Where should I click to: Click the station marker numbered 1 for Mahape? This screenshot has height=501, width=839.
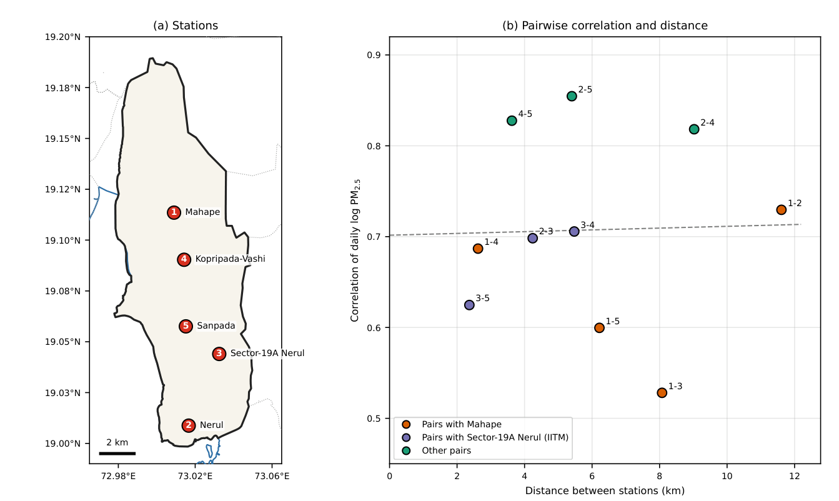pyautogui.click(x=174, y=212)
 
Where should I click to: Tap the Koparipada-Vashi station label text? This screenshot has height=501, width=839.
pyautogui.click(x=230, y=259)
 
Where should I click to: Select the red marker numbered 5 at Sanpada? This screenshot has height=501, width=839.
pyautogui.click(x=186, y=326)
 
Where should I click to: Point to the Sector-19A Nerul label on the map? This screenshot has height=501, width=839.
pyautogui.click(x=267, y=353)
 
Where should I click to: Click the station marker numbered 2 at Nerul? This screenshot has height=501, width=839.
pyautogui.click(x=189, y=425)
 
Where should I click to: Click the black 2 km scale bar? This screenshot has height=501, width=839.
pyautogui.click(x=117, y=454)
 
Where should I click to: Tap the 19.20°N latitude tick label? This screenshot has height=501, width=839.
pyautogui.click(x=62, y=37)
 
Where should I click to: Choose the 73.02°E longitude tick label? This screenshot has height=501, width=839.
pyautogui.click(x=195, y=476)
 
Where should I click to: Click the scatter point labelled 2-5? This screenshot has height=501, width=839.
pyautogui.click(x=572, y=96)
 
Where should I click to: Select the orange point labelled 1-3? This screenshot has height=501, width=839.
pyautogui.click(x=662, y=392)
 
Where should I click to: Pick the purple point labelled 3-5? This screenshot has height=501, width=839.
pyautogui.click(x=469, y=305)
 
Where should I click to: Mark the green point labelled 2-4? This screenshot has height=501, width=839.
pyautogui.click(x=694, y=129)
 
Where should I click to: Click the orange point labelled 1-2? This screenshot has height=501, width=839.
pyautogui.click(x=782, y=210)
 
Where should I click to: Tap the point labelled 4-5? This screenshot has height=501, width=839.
pyautogui.click(x=512, y=121)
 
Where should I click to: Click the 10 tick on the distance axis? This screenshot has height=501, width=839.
pyautogui.click(x=727, y=476)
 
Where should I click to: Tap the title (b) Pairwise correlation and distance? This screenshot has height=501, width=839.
pyautogui.click(x=605, y=26)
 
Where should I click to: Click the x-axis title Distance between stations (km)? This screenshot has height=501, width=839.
pyautogui.click(x=605, y=491)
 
